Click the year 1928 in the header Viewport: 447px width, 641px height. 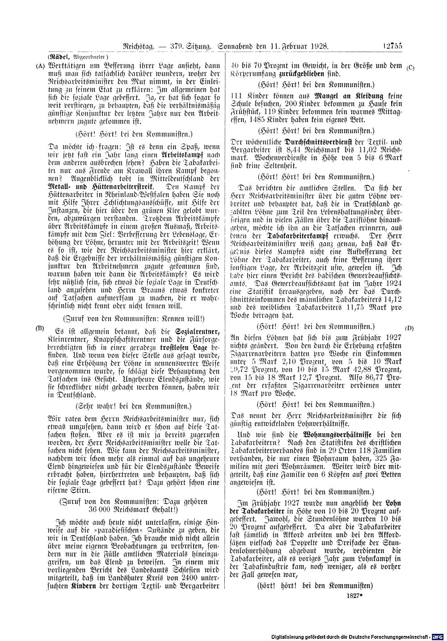pyautogui.click(x=316, y=45)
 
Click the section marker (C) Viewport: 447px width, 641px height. pyautogui.click(x=411, y=68)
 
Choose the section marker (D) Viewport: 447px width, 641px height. pyautogui.click(x=409, y=328)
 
